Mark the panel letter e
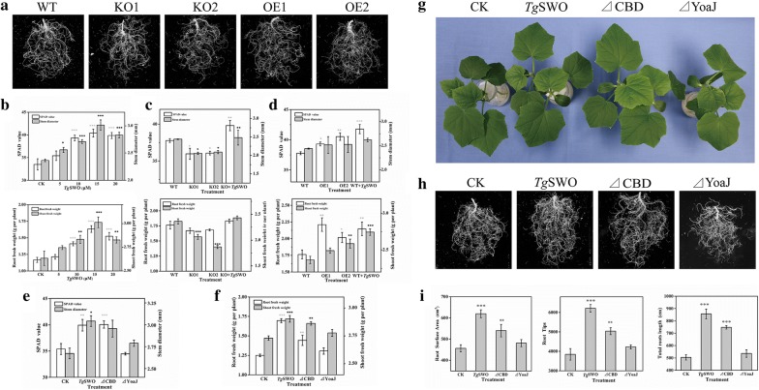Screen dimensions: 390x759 click(8, 287)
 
